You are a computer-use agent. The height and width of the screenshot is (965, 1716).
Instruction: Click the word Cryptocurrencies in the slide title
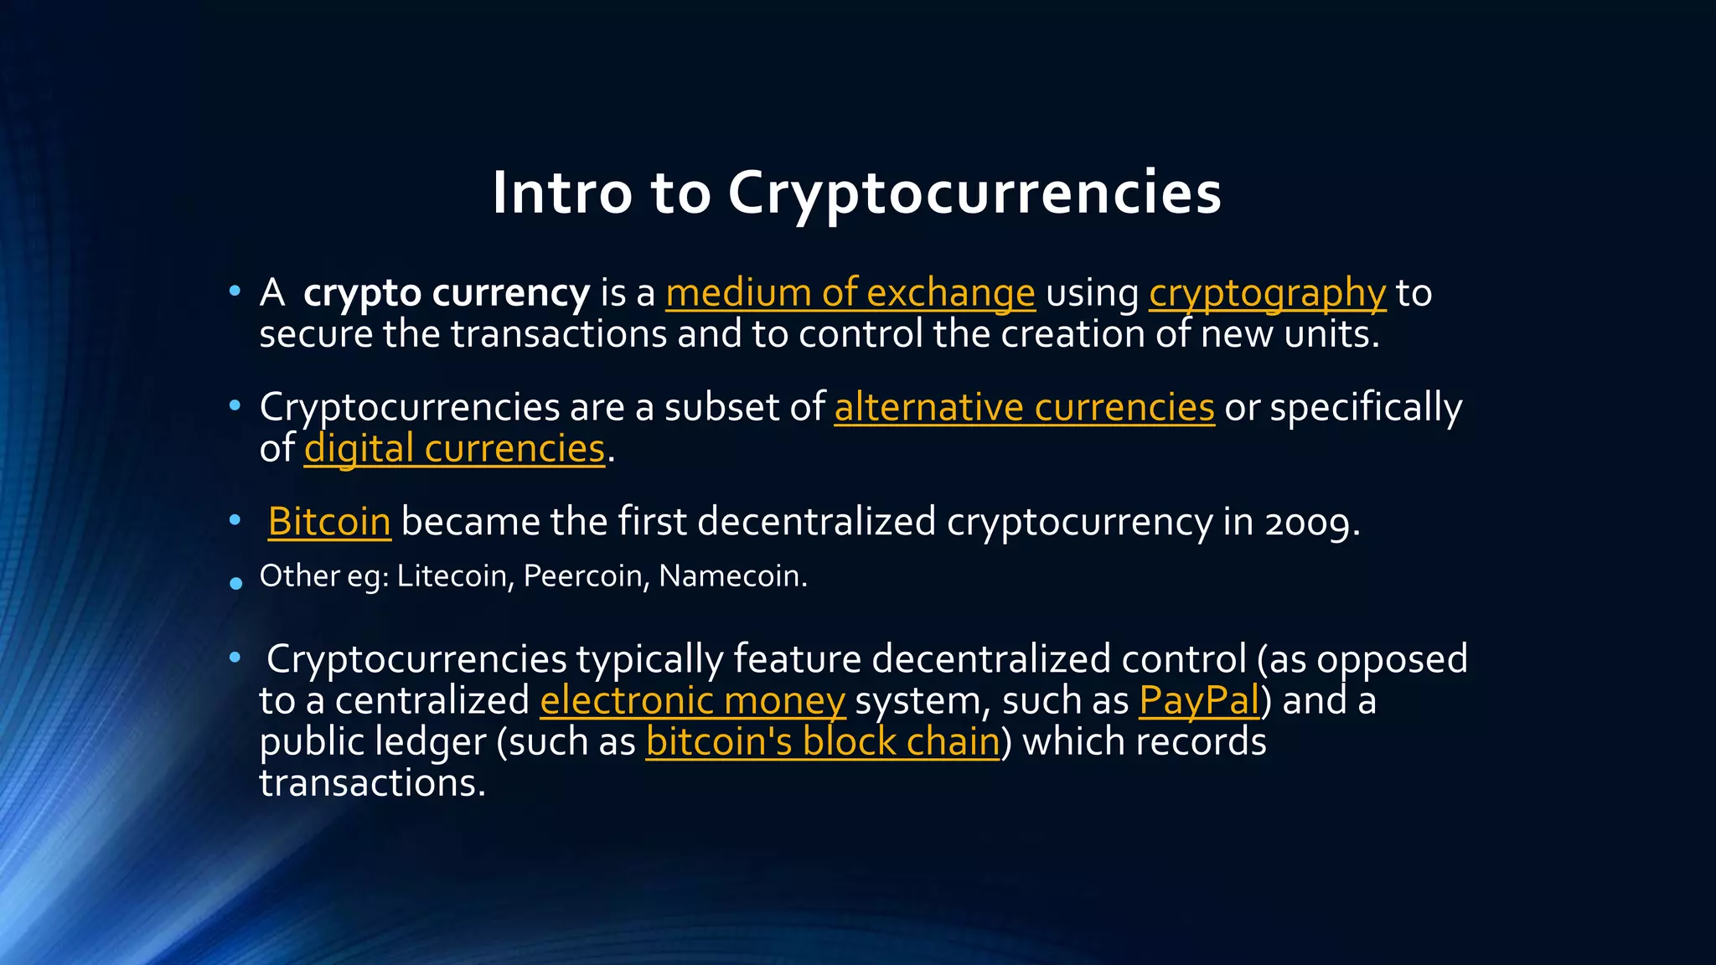pyautogui.click(x=974, y=194)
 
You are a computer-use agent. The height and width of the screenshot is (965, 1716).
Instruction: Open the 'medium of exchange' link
pyautogui.click(x=850, y=293)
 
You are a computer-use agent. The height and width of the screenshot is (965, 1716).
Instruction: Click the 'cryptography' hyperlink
pyautogui.click(x=1267, y=293)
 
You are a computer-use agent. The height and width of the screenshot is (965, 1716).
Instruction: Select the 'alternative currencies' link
pyautogui.click(x=1024, y=408)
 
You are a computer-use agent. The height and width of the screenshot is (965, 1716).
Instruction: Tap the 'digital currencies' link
pyautogui.click(x=454, y=449)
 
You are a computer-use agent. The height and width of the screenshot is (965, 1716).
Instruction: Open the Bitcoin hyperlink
pyautogui.click(x=329, y=522)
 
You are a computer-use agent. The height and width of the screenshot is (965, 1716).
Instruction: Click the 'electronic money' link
pyautogui.click(x=692, y=700)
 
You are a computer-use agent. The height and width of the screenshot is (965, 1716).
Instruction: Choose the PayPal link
pyautogui.click(x=1199, y=700)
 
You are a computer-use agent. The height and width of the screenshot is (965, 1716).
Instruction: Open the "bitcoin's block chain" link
pyautogui.click(x=823, y=742)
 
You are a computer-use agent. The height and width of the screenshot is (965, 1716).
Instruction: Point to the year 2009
pyautogui.click(x=1308, y=523)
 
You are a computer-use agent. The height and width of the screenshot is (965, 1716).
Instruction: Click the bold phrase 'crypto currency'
pyautogui.click(x=447, y=293)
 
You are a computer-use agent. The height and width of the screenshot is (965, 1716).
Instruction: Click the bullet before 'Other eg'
pyautogui.click(x=235, y=583)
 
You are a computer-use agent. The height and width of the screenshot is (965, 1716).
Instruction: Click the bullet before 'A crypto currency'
pyautogui.click(x=235, y=292)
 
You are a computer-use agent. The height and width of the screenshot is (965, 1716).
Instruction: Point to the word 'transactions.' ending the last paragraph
pyautogui.click(x=372, y=783)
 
